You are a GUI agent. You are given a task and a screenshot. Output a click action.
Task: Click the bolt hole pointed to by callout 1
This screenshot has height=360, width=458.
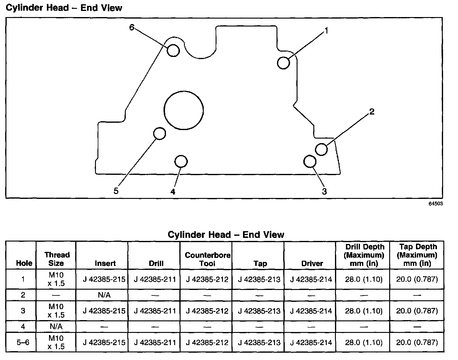coord(284,63)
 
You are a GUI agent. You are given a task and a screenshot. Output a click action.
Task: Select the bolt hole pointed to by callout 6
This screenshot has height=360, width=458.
coord(173,50)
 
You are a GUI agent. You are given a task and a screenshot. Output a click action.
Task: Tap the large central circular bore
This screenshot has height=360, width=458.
coord(184,110)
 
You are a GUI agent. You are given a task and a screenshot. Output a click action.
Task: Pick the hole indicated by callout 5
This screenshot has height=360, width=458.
coord(159,133)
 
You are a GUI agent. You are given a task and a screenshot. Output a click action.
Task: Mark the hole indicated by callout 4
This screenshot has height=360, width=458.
coord(181,161)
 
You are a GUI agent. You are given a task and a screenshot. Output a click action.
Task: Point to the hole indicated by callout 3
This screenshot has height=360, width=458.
coord(310,161)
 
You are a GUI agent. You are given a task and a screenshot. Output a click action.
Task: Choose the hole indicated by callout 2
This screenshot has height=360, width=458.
coord(321,149)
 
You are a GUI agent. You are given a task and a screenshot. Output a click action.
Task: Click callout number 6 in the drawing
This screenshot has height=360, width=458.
coord(132,27)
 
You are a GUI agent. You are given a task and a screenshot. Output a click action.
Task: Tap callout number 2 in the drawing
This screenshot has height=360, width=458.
coord(372,112)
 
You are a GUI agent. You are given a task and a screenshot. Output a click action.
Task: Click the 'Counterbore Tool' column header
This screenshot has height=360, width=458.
coord(207,259)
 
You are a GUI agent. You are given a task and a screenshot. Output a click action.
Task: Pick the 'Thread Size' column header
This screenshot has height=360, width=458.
coord(57,259)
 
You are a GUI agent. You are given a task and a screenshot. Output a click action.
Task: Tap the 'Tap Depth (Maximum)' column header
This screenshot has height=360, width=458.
coord(417,255)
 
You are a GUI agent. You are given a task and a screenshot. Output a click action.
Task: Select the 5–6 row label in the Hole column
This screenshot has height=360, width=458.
coord(23,342)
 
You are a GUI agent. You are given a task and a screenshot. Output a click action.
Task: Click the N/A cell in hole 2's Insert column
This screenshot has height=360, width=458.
coord(104,295)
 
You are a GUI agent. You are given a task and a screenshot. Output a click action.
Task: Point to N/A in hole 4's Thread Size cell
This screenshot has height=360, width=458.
coord(56,326)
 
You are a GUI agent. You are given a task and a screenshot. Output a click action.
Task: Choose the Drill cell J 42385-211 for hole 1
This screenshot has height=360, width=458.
coord(155,279)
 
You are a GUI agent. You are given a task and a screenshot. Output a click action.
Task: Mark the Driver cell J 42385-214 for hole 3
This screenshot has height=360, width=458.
coord(311,311)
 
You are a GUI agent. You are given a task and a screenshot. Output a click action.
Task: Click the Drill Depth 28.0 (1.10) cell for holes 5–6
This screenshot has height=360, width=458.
coord(364,342)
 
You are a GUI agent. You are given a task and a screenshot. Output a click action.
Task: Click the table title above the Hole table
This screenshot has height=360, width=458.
coord(226,235)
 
